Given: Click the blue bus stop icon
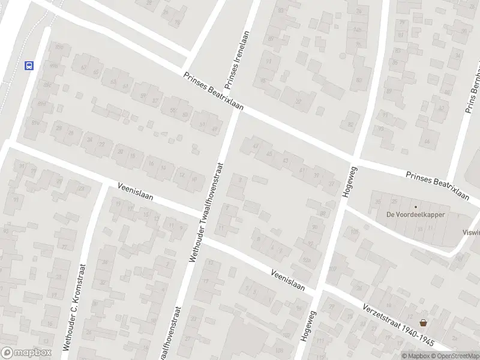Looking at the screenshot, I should pos(28,65).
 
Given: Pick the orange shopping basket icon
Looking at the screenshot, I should pos(424,322).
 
